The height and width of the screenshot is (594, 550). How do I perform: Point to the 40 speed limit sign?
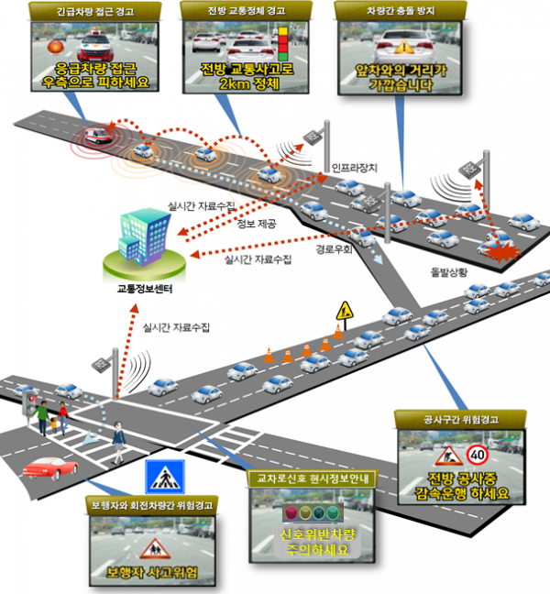[x=477, y=454]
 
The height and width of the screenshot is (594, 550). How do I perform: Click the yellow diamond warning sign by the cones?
[x=345, y=310]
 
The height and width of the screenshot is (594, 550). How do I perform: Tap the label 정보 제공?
[x=258, y=224]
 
